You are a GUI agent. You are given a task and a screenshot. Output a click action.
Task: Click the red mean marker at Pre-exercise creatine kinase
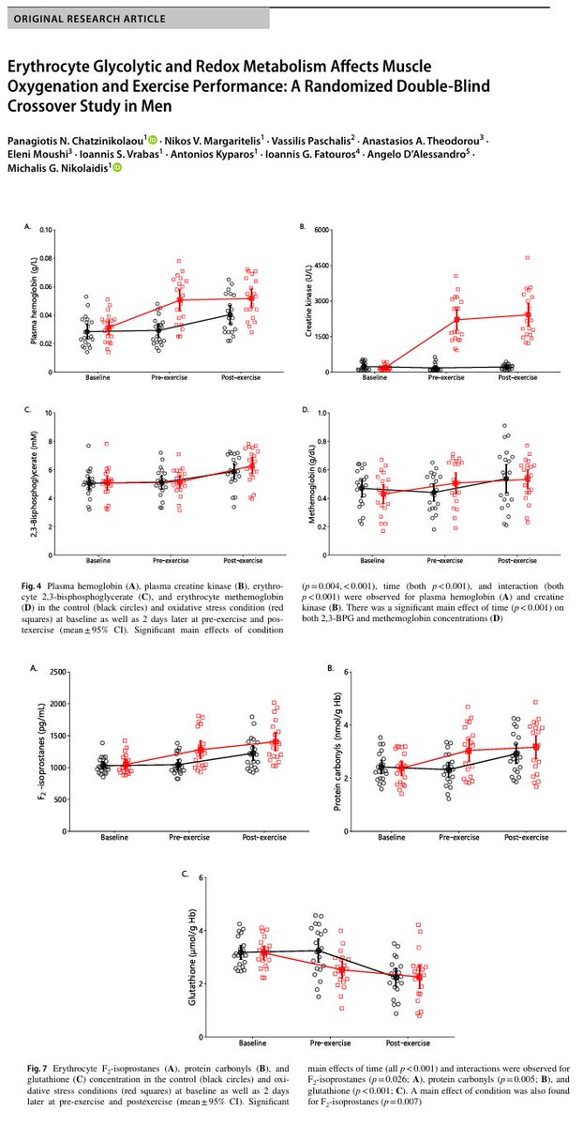click(x=456, y=319)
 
